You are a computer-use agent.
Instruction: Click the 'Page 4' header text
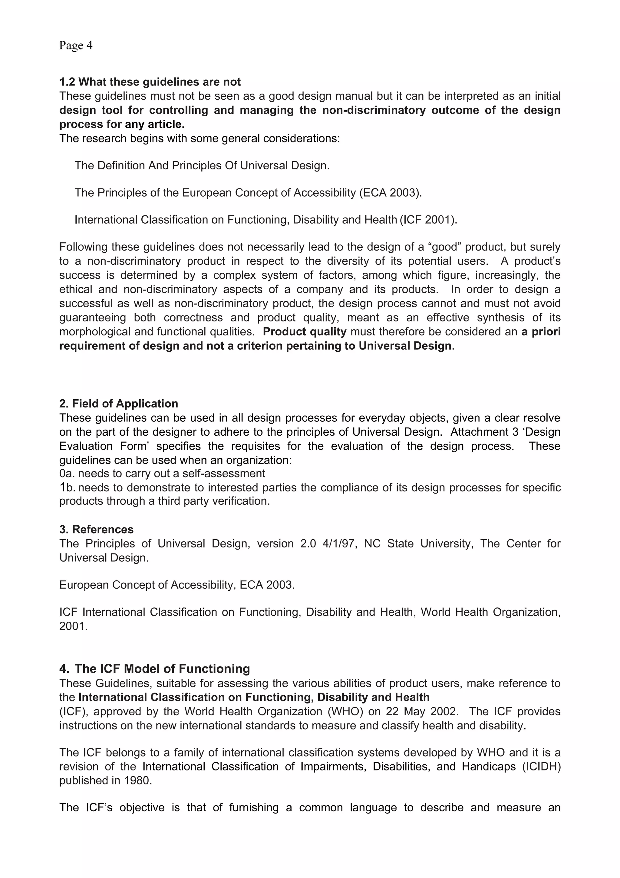click(x=76, y=45)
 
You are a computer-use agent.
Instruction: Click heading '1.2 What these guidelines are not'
click(x=150, y=82)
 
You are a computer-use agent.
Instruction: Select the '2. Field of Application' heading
click(x=118, y=404)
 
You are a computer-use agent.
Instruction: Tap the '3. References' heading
click(x=96, y=529)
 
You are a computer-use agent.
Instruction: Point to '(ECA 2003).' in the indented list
click(x=391, y=192)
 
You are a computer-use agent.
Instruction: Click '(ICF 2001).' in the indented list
click(x=428, y=220)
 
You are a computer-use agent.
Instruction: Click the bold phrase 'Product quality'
click(x=305, y=331)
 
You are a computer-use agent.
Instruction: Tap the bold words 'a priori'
click(x=541, y=331)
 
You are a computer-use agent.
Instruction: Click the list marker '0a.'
click(x=67, y=474)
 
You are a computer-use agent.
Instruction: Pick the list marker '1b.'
click(x=67, y=487)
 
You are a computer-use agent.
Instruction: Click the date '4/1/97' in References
click(x=340, y=544)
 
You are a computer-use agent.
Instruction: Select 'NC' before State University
click(x=372, y=544)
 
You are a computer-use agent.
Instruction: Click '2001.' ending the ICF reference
click(x=73, y=626)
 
